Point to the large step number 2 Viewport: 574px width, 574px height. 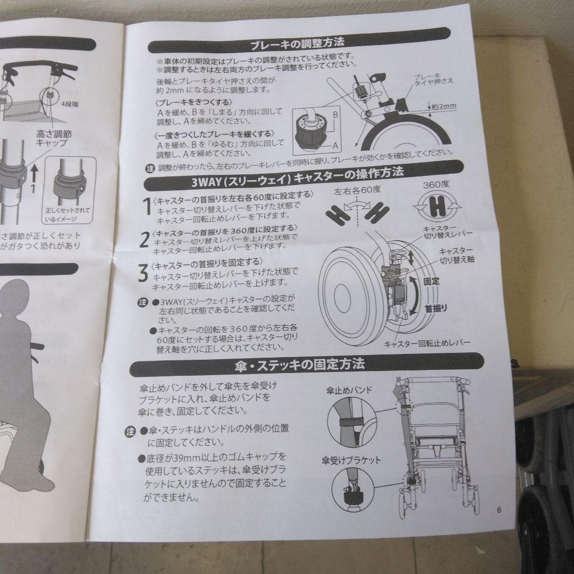coord(143,240)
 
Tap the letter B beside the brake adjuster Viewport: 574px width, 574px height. coord(335,114)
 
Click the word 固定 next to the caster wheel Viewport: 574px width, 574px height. coord(432,281)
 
